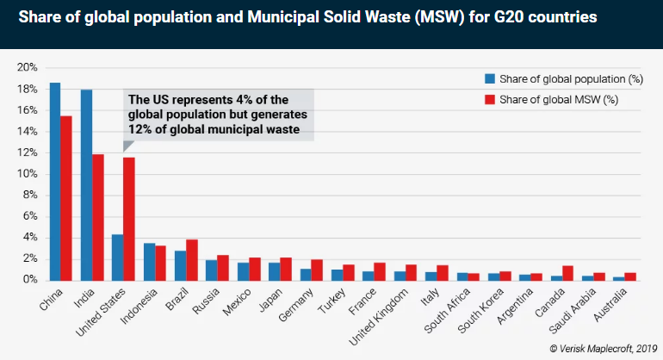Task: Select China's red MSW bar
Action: click(66, 198)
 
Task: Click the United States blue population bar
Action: click(118, 257)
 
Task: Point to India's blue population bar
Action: click(86, 184)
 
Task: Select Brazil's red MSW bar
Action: click(192, 259)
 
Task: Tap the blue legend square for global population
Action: click(488, 79)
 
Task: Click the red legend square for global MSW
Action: click(488, 100)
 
